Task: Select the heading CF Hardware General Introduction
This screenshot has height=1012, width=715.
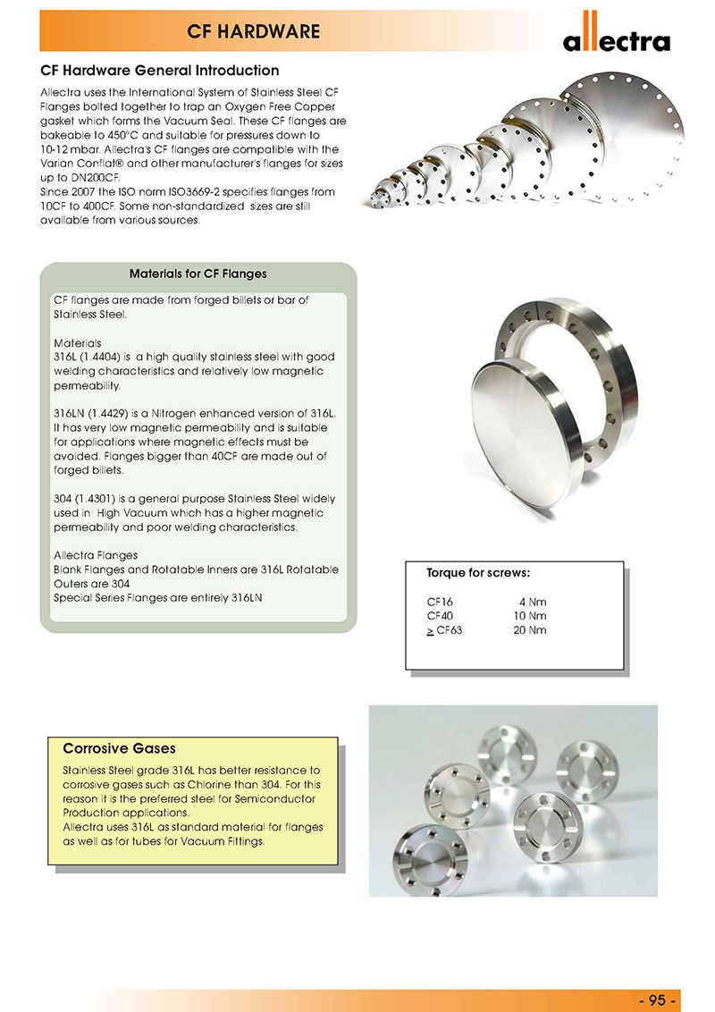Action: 160,71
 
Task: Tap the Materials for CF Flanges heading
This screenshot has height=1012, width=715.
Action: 198,274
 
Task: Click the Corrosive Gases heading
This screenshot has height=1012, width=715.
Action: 119,748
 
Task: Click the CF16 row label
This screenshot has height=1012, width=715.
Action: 440,602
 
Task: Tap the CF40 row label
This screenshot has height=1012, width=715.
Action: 441,616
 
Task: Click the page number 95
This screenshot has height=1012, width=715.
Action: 660,999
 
